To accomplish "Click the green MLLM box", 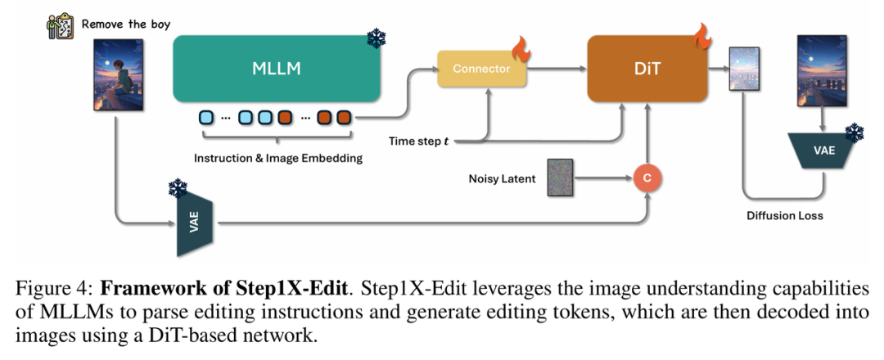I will [x=277, y=69].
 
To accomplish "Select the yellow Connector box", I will [x=481, y=69].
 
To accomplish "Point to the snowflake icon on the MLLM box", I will [x=376, y=38].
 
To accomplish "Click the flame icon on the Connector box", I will [x=521, y=50].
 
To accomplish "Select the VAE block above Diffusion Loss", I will [x=824, y=153].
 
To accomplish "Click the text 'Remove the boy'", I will [x=124, y=24].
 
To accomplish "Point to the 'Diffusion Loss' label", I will [x=784, y=217].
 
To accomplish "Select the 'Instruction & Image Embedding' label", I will [x=277, y=159].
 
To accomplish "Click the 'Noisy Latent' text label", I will [x=502, y=178].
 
